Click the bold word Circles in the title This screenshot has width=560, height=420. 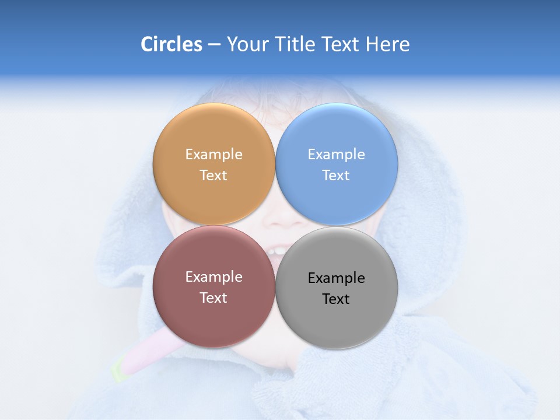tap(171, 44)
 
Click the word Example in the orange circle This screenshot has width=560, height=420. tap(213, 155)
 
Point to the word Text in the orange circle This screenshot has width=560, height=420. tap(213, 176)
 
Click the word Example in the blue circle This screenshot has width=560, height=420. tap(336, 155)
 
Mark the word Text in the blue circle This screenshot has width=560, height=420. tap(336, 176)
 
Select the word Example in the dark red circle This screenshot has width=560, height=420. tap(213, 277)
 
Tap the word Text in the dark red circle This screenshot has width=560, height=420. tap(213, 298)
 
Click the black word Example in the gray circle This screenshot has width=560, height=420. tap(336, 278)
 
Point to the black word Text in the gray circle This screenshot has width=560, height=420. tap(336, 299)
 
